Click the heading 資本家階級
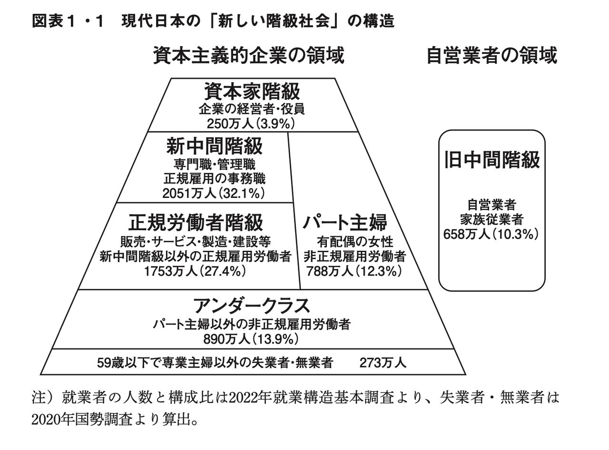pos(252,91)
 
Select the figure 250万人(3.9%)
pos(251,124)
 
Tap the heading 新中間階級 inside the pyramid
pos(214,146)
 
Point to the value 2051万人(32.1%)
pos(214,193)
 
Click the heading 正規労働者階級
pos(196,222)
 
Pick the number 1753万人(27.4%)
pos(195,271)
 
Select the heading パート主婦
pos(345,222)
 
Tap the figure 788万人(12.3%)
pos(354,271)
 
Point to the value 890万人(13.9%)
pos(251,339)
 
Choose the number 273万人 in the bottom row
pos(383,363)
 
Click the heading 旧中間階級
pos(491,160)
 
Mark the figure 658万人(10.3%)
pos(491,234)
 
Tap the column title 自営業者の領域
pos(491,56)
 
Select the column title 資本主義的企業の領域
pos(248,56)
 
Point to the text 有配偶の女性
pos(355,242)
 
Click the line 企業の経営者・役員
pos(251,109)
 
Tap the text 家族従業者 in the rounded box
pos(491,219)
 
